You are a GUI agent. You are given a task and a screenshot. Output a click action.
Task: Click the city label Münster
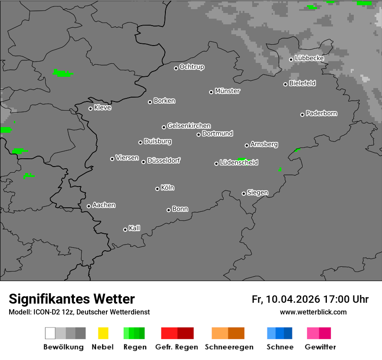pyautogui.click(x=227, y=91)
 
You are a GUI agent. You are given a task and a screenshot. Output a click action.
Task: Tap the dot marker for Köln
pyautogui.click(x=157, y=189)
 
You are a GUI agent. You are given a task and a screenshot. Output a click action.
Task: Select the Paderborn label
pyautogui.click(x=322, y=113)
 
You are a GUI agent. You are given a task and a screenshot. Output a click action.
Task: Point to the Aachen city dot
pyautogui.click(x=89, y=206)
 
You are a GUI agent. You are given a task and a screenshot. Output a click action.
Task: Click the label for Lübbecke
pyautogui.click(x=310, y=58)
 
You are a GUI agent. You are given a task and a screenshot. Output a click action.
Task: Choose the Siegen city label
pyautogui.click(x=257, y=193)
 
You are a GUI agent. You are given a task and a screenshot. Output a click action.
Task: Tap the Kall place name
pyautogui.click(x=135, y=228)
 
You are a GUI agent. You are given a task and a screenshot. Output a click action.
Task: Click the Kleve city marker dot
pyautogui.click(x=90, y=108)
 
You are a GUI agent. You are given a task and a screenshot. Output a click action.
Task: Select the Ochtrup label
pyautogui.click(x=192, y=67)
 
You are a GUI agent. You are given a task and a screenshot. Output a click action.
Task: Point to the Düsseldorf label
pyautogui.click(x=164, y=160)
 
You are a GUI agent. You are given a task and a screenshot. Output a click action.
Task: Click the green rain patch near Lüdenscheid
pyautogui.click(x=241, y=159)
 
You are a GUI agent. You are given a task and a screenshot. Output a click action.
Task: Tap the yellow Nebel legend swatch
pyautogui.click(x=103, y=333)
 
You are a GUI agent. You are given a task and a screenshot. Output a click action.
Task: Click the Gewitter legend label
pyautogui.click(x=320, y=347)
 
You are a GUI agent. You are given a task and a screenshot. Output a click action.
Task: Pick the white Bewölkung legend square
pyautogui.click(x=50, y=333)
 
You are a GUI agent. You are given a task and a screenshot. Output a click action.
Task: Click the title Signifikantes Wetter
pyautogui.click(x=72, y=299)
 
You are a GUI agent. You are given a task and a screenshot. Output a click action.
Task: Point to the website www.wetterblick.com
pyautogui.click(x=313, y=312)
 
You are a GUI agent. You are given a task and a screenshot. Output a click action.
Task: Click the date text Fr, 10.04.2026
pyautogui.click(x=286, y=299)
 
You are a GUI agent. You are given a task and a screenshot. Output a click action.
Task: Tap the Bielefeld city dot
pyautogui.click(x=285, y=84)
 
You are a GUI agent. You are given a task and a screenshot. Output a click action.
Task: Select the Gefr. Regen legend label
pyautogui.click(x=177, y=347)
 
